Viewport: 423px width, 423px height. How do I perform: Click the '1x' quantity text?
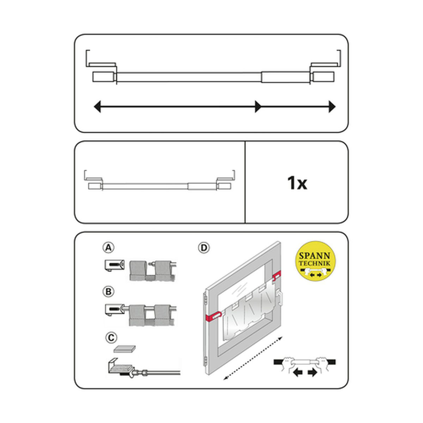pos(297,183)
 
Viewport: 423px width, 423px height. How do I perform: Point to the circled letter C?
pos(111,338)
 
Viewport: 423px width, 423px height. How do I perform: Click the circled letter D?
pos(203,248)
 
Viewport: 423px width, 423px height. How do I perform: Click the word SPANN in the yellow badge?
pos(314,256)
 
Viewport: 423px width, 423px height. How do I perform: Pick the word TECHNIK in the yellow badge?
pos(314,263)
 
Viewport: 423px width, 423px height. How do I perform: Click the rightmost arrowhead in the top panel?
pos(332,106)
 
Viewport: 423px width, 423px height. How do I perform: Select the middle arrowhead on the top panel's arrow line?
pos(258,106)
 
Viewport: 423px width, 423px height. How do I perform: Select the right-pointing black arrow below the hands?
pos(312,373)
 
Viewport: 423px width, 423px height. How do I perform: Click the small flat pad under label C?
pos(125,349)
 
